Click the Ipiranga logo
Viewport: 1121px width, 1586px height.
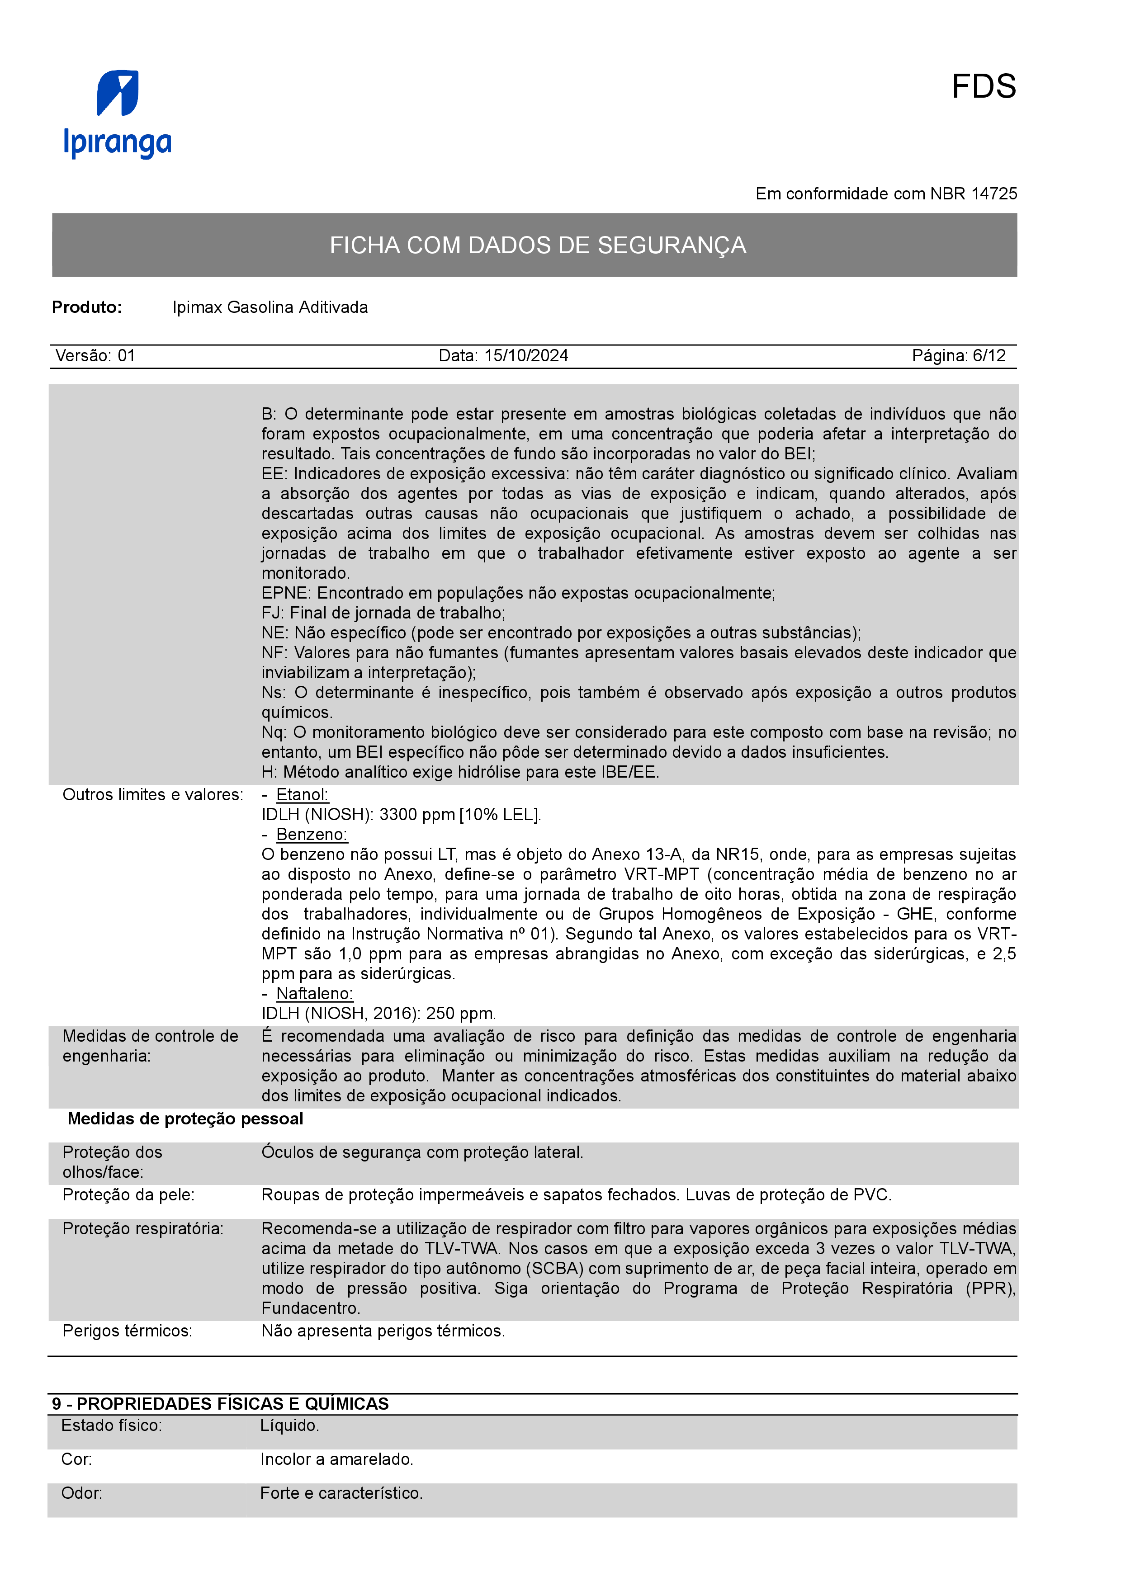click(x=118, y=114)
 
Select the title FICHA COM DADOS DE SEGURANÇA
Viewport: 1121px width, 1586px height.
click(x=537, y=245)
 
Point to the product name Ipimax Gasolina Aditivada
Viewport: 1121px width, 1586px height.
click(x=270, y=307)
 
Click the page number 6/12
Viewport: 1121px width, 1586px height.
click(x=989, y=356)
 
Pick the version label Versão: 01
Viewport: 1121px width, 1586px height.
click(x=95, y=356)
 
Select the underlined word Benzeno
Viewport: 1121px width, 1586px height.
click(x=312, y=835)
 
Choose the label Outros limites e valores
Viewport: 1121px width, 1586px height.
click(x=153, y=795)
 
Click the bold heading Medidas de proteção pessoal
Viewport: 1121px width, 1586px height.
click(x=185, y=1119)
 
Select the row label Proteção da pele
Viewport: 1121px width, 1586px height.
click(x=128, y=1195)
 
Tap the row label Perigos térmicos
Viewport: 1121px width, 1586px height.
click(x=127, y=1331)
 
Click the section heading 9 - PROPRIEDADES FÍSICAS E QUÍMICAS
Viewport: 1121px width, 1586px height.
click(x=220, y=1404)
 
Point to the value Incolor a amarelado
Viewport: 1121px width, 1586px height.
click(x=336, y=1459)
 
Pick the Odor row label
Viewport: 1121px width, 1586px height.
click(x=81, y=1493)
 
